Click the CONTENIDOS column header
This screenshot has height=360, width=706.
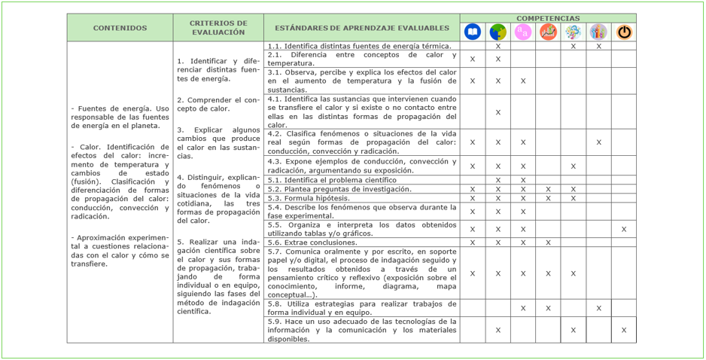click(120, 28)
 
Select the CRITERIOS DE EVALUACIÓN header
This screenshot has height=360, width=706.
click(218, 28)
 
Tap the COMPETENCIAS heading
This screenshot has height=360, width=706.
click(548, 18)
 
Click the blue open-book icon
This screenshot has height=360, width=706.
click(473, 32)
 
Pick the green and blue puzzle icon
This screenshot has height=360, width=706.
click(498, 32)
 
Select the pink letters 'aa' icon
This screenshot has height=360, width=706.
click(522, 32)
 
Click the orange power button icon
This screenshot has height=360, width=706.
click(624, 32)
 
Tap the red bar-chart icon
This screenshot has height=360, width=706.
click(548, 32)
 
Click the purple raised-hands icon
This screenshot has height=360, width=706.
click(598, 32)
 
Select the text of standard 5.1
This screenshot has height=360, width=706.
click(332, 180)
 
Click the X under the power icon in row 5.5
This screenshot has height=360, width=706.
click(623, 229)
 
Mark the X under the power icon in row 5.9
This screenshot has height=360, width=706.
click(623, 330)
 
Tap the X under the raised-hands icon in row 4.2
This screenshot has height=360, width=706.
click(598, 142)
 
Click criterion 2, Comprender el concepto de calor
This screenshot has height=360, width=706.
click(218, 104)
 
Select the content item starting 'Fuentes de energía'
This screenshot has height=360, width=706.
click(120, 117)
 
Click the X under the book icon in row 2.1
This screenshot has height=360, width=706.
click(473, 59)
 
